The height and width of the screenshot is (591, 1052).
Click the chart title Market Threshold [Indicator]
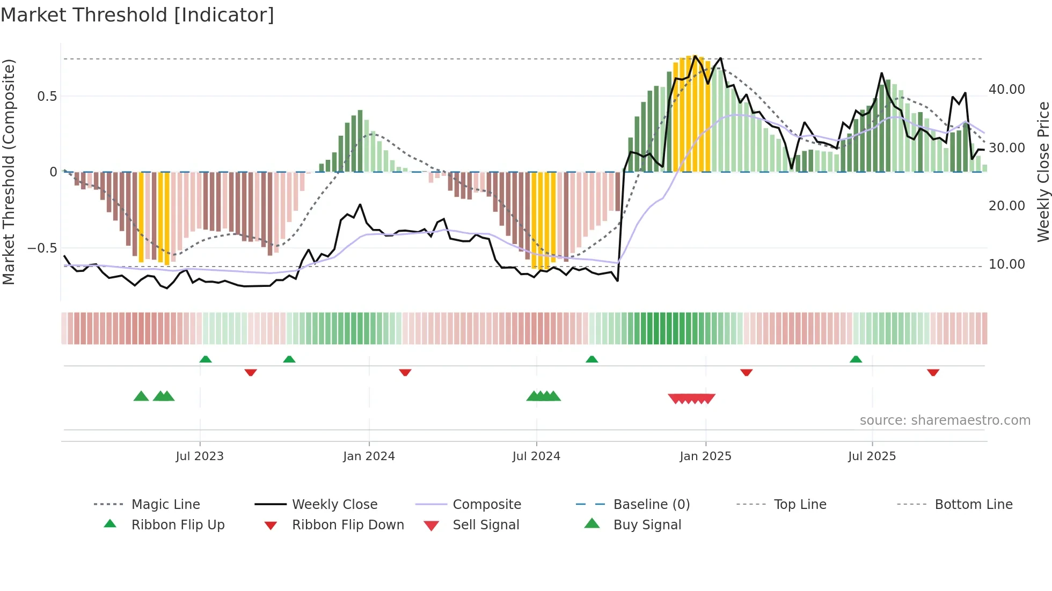137,15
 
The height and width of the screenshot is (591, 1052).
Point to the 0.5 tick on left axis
47,97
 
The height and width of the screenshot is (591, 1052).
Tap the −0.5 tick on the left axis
42,248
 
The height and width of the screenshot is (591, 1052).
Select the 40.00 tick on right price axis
1006,90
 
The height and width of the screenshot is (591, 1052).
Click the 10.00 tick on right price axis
1006,264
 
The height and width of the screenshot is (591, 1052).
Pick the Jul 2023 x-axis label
200,456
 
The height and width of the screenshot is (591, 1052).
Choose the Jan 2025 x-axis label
705,456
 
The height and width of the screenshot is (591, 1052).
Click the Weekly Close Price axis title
1043,172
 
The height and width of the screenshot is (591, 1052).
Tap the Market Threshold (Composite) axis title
9,172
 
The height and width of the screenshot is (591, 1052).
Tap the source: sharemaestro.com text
945,420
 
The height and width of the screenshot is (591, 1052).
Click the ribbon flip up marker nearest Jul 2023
206,359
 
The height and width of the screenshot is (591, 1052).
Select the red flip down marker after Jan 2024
405,372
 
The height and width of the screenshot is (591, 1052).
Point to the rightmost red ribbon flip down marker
933,372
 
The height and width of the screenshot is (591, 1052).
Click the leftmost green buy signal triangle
141,396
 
